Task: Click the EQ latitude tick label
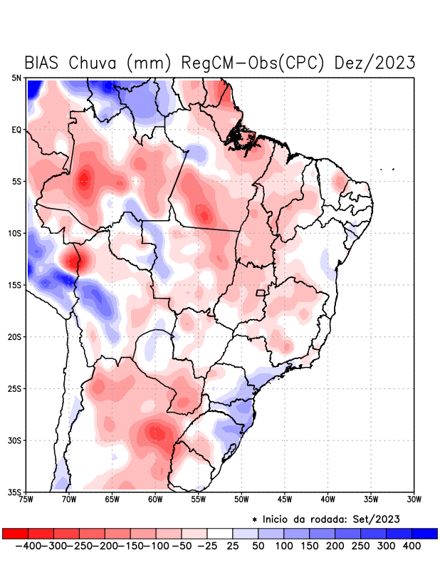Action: coord(16,130)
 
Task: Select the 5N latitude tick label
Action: coord(16,78)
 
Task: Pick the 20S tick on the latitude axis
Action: coord(15,336)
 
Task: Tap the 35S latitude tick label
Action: coord(15,492)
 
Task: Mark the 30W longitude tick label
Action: coord(414,499)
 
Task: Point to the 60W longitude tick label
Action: coord(154,499)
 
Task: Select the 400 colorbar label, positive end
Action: coord(412,546)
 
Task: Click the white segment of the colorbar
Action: coord(219,533)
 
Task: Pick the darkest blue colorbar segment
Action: coord(424,533)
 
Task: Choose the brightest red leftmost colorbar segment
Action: coord(15,533)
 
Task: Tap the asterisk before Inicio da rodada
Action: coord(254,519)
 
